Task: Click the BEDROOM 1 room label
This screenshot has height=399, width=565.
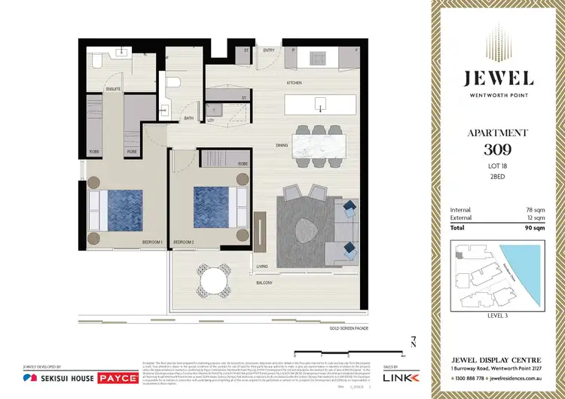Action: click(x=154, y=242)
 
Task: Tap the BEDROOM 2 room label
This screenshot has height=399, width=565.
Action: click(x=184, y=242)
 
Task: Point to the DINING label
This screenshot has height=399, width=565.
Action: click(x=282, y=146)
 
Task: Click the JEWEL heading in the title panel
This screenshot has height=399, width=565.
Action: click(x=498, y=78)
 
